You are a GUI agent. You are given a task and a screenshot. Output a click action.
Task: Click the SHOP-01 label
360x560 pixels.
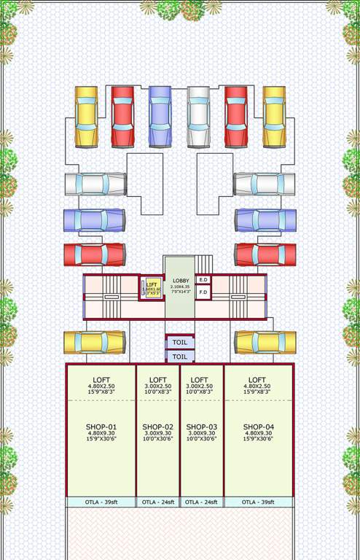pos(101,427)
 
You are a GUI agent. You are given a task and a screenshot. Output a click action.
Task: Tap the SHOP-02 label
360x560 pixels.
pos(158,427)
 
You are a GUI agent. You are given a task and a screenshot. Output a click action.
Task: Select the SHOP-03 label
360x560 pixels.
pos(202,427)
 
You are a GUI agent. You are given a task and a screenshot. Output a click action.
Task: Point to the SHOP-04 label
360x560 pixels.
pos(258,427)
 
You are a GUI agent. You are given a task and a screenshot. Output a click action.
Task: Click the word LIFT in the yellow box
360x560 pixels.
pos(152,284)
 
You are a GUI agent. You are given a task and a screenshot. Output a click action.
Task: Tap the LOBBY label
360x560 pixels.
pos(180,281)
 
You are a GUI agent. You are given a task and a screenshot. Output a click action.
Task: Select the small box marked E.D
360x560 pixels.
pos(204,279)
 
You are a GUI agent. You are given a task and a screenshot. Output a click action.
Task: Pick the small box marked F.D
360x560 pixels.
pos(204,292)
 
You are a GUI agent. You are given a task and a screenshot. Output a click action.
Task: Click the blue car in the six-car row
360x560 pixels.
pos(160,117)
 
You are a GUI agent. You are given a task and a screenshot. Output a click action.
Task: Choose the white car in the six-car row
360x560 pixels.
pos(197,117)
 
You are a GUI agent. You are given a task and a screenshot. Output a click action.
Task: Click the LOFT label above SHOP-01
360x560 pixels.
pos(101,379)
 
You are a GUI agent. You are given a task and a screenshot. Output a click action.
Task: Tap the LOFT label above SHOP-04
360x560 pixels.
pos(257,379)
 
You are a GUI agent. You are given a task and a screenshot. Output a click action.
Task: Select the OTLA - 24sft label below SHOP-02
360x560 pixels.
pos(158,502)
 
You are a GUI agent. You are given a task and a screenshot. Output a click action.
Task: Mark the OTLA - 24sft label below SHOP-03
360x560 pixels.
pos(202,502)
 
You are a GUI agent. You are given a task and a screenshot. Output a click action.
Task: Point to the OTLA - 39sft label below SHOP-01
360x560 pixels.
pos(101,502)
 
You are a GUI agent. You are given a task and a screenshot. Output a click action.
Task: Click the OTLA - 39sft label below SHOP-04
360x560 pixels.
pos(258,502)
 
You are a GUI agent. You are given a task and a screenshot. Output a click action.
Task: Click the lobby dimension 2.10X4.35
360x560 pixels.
pos(180,287)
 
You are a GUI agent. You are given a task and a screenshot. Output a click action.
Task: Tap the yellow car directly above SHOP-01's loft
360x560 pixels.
pos(94,342)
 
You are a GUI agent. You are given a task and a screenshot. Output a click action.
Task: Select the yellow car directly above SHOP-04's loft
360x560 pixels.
pos(265,342)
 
